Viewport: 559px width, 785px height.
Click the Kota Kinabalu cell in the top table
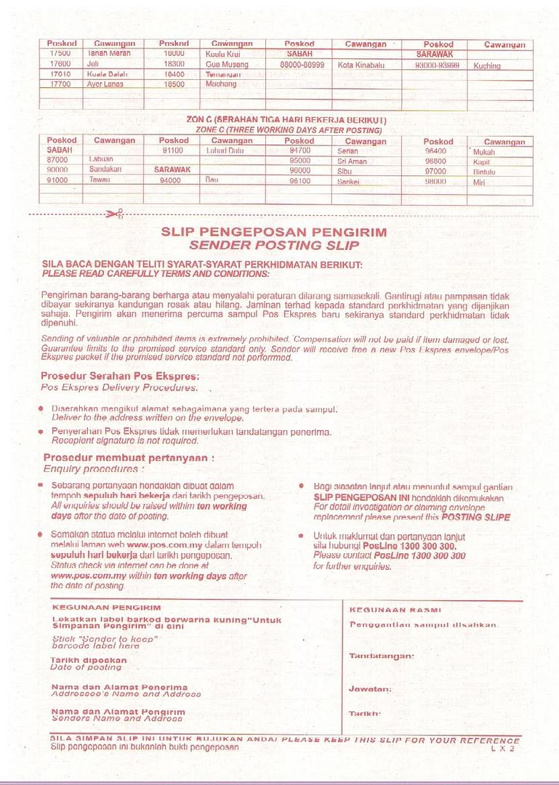(x=361, y=65)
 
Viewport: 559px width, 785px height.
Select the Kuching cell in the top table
(x=486, y=66)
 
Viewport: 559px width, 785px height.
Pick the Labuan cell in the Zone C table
(x=101, y=158)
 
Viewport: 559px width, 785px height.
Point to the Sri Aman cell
(x=352, y=161)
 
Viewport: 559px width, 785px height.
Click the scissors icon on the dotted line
(x=114, y=213)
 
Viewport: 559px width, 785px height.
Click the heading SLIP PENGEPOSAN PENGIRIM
(x=273, y=233)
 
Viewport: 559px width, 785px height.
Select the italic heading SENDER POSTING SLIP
(x=273, y=246)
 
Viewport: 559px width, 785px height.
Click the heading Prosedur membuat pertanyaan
(x=129, y=458)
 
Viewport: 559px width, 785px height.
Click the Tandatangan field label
(x=382, y=656)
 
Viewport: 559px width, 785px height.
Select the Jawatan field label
(x=370, y=688)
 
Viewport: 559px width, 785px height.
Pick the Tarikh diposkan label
(x=89, y=661)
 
